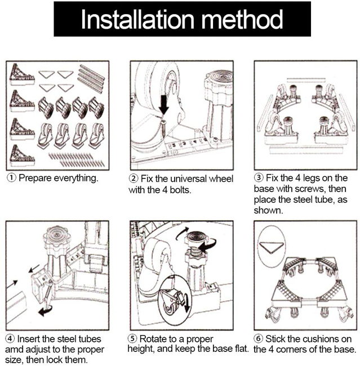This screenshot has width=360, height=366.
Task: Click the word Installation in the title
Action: point(137,19)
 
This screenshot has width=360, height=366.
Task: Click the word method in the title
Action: point(242,19)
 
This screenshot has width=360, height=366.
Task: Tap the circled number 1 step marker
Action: point(11,178)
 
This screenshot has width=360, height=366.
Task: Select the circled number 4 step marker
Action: point(10,338)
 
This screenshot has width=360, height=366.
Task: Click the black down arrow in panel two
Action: point(164,104)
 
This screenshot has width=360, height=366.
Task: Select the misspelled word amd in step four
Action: point(14,350)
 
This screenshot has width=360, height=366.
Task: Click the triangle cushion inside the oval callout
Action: point(271,248)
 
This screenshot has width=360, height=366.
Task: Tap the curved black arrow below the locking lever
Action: point(46,311)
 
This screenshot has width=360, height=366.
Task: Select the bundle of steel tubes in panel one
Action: point(91,79)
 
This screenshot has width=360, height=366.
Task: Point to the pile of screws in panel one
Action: point(77,160)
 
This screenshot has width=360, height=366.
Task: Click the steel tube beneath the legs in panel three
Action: point(306,150)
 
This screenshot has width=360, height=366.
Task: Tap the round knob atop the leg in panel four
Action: point(56,237)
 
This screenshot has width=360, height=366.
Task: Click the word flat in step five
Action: point(240,349)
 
